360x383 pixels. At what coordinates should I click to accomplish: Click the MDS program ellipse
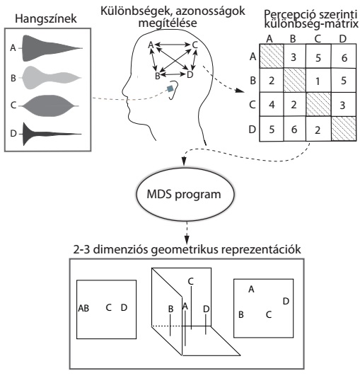pyautogui.click(x=185, y=195)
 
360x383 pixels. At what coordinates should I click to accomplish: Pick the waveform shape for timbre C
pyautogui.click(x=49, y=105)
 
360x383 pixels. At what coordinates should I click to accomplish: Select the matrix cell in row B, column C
pyautogui.click(x=318, y=81)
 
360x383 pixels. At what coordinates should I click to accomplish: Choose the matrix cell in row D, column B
pyautogui.click(x=295, y=129)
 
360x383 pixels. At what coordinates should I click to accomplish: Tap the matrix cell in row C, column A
pyautogui.click(x=272, y=105)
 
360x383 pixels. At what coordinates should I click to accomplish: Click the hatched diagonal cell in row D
pyautogui.click(x=344, y=129)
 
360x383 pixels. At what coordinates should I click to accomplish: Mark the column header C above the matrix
pyautogui.click(x=318, y=39)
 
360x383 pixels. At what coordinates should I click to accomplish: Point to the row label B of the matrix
pyautogui.click(x=253, y=81)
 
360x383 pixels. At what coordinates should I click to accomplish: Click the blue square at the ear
pyautogui.click(x=170, y=88)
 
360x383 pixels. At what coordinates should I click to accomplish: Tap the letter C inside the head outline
pyautogui.click(x=194, y=45)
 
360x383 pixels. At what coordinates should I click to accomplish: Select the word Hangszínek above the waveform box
pyautogui.click(x=46, y=19)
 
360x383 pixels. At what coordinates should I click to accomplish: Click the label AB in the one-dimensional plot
pyautogui.click(x=83, y=309)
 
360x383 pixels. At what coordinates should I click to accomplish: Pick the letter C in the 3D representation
pyautogui.click(x=191, y=281)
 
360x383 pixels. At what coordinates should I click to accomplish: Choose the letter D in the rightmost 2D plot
pyautogui.click(x=286, y=301)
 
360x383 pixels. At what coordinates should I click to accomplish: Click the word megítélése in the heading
pyautogui.click(x=168, y=23)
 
